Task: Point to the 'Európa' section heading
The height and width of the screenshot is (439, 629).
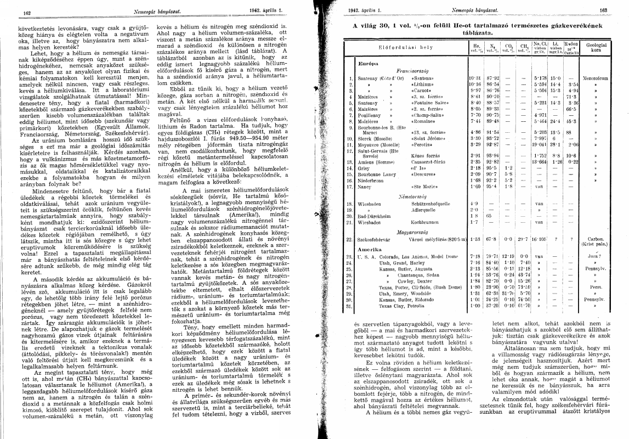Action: tap(366, 63)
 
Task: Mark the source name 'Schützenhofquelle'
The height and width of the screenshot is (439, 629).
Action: tap(430, 202)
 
